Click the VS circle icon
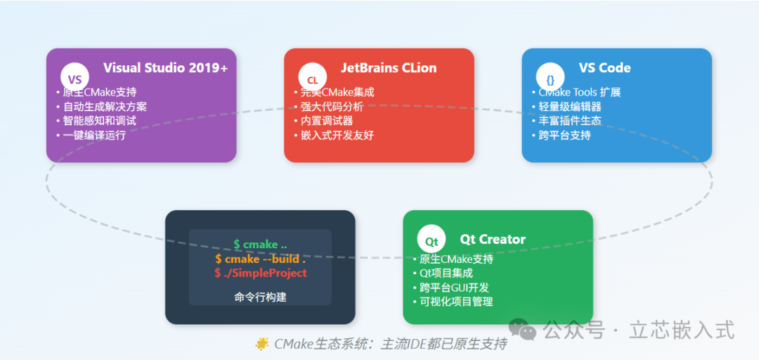75,79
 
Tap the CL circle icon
313,79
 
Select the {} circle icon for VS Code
550,79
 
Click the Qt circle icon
432,241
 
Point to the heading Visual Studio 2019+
165,68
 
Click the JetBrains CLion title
389,68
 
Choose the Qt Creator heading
493,240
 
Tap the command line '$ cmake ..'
260,245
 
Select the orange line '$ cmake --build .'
260,259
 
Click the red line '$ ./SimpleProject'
260,273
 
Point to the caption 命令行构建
260,297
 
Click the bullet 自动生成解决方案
105,107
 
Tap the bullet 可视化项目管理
456,302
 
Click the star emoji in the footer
262,344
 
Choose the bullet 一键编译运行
94,135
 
